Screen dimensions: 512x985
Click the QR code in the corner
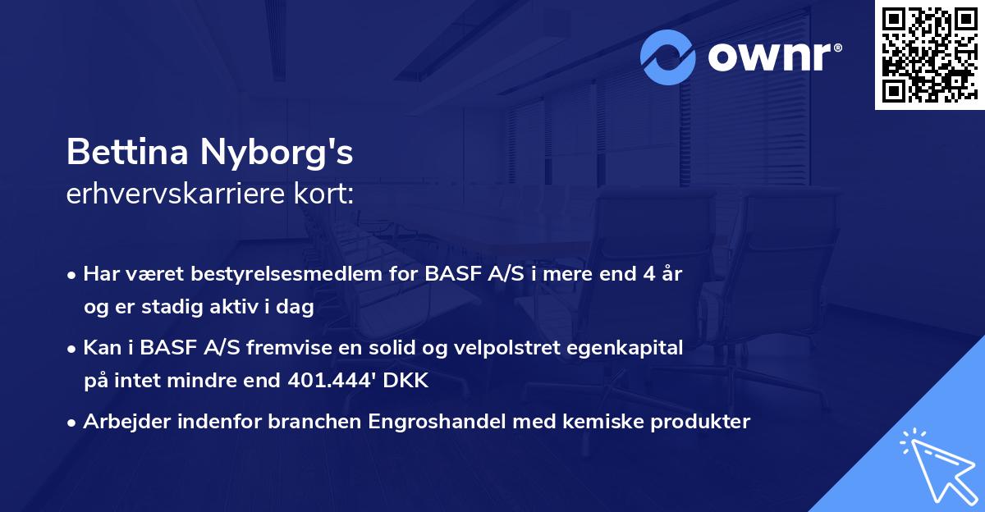[930, 54]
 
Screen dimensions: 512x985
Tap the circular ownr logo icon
[668, 57]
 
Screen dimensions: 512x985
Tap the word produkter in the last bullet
[703, 422]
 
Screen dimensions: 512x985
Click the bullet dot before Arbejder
[72, 423]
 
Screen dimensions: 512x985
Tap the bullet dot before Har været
[72, 275]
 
